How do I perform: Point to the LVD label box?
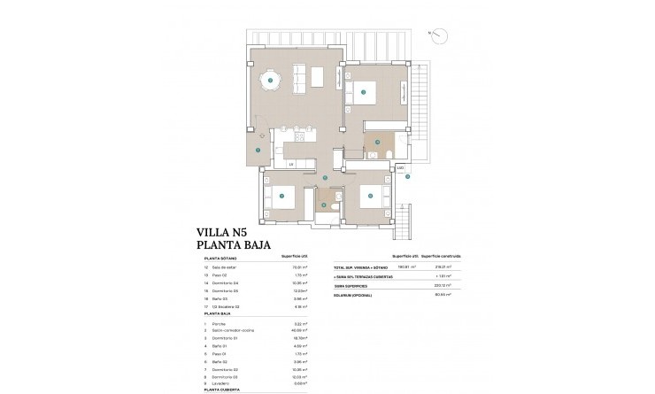click(400, 167)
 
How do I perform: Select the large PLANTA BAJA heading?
click(233, 247)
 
